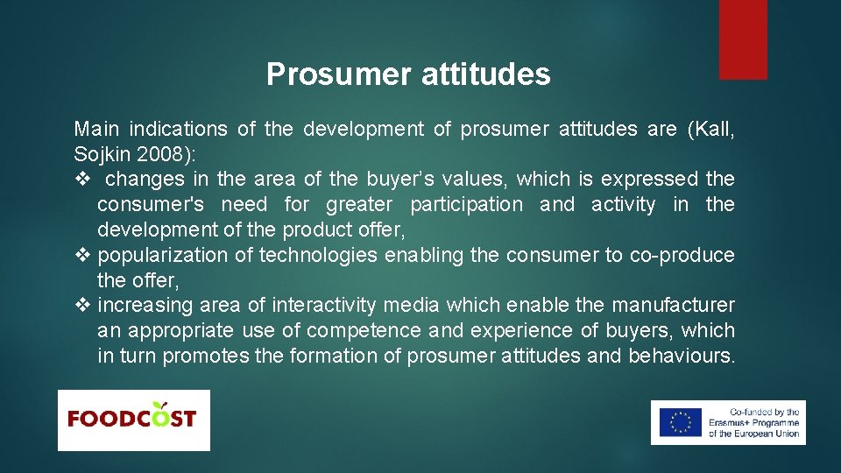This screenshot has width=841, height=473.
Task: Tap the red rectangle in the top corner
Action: tap(743, 39)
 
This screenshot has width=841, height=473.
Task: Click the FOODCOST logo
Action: tap(133, 420)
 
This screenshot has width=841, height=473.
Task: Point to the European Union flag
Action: tap(681, 422)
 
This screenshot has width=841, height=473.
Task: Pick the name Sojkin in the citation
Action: tap(104, 154)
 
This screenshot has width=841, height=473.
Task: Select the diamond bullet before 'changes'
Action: tap(81, 180)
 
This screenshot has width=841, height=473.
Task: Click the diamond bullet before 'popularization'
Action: tap(81, 256)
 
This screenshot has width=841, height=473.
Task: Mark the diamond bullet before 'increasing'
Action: tap(81, 306)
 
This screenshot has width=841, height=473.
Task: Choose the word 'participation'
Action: tap(466, 205)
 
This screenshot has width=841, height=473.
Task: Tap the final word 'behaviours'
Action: tap(678, 357)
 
